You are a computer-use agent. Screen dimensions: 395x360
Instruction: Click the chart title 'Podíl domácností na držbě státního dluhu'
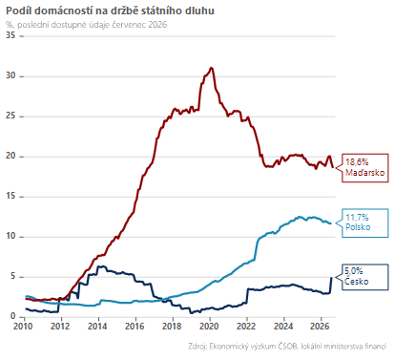[110, 11]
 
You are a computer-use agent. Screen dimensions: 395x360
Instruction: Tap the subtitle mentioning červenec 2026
[86, 25]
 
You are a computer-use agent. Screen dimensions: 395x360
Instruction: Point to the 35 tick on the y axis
[10, 35]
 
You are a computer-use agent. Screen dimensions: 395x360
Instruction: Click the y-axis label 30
[10, 75]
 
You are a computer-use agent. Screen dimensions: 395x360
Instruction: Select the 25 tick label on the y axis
[10, 116]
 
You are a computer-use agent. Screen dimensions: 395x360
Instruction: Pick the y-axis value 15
[10, 196]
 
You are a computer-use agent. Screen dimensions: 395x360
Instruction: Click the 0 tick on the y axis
[12, 316]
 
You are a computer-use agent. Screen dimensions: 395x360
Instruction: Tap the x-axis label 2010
[23, 327]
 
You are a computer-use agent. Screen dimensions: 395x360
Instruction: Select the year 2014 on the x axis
[97, 327]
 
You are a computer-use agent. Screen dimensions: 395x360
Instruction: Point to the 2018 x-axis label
[172, 327]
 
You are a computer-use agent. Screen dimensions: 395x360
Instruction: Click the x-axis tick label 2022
[246, 327]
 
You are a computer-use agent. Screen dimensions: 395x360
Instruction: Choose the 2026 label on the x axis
[321, 327]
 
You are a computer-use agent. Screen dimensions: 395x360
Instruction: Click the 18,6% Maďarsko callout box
[365, 168]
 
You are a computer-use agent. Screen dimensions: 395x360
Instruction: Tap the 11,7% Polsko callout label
[365, 222]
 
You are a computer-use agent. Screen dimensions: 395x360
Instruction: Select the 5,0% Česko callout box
[365, 277]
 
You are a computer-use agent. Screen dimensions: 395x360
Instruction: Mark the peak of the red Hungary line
[211, 68]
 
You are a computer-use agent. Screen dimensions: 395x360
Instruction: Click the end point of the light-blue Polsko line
[331, 223]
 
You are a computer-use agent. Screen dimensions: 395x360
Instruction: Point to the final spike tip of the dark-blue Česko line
[331, 277]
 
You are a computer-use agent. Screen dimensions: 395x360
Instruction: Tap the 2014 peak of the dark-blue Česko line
[100, 266]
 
